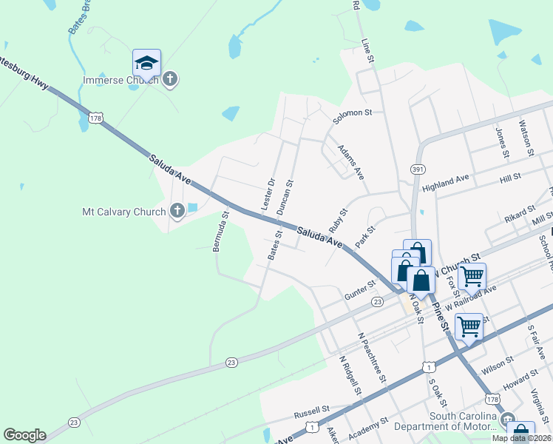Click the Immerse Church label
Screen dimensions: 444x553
(x=121, y=79)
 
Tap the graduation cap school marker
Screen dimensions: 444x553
(x=146, y=64)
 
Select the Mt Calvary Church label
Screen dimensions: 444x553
(x=123, y=212)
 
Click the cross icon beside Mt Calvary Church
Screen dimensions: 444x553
(x=177, y=212)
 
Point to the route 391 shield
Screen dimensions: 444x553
(x=418, y=169)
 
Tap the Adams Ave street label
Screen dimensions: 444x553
(x=351, y=161)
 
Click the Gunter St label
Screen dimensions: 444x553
(x=360, y=290)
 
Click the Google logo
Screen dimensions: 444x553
(x=24, y=435)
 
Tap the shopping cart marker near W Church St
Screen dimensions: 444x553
(x=472, y=277)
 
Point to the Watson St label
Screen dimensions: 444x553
(x=526, y=138)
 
